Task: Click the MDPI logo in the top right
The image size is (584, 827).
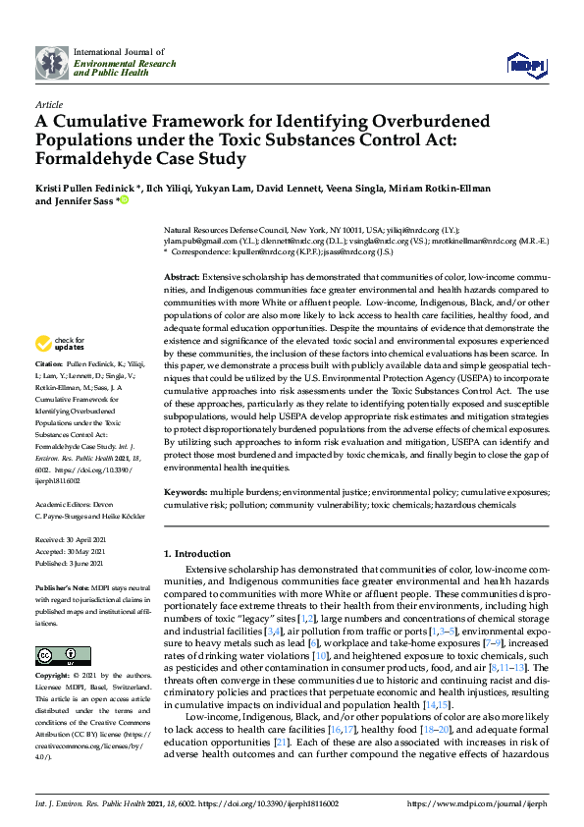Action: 524,65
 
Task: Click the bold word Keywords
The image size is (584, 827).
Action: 184,492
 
